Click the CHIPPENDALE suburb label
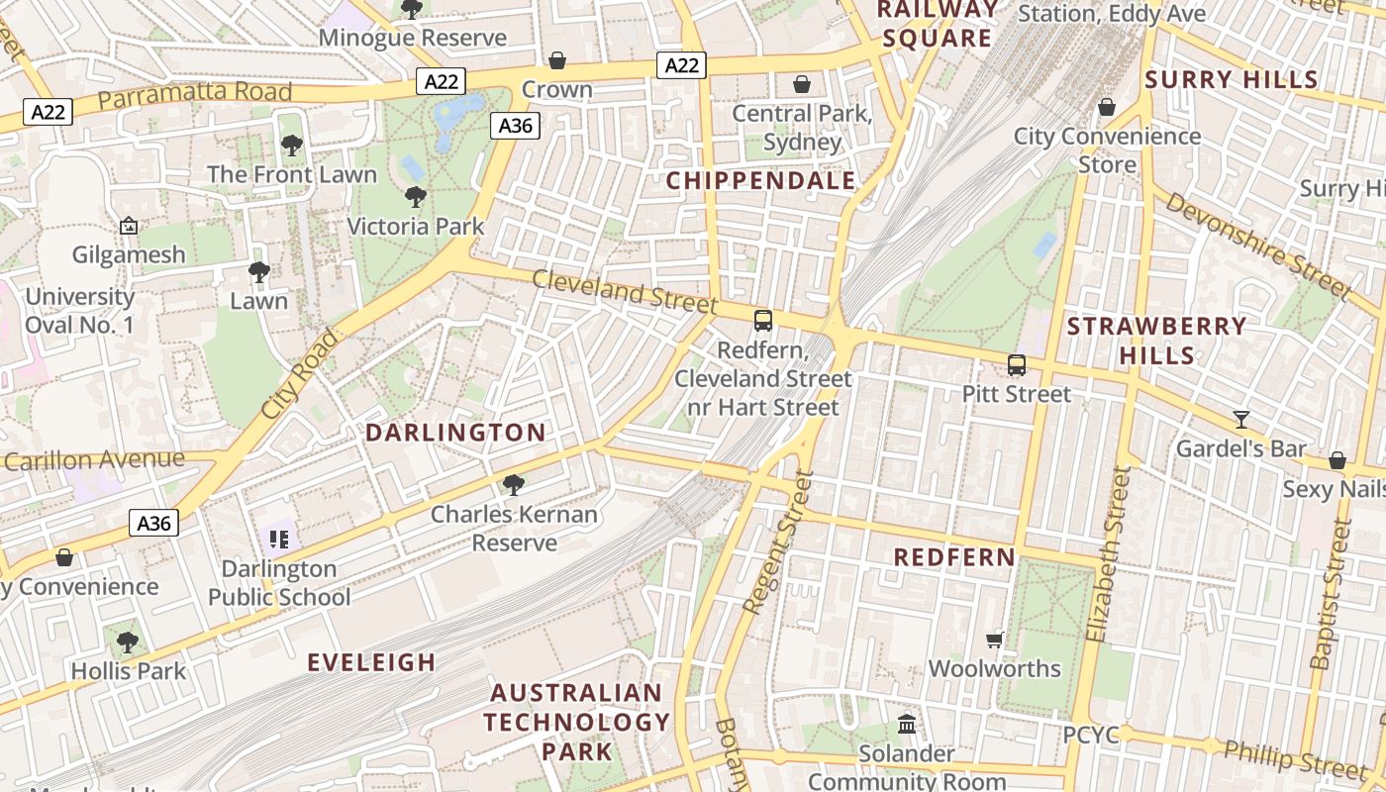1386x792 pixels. (760, 181)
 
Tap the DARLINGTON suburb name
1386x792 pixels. (455, 433)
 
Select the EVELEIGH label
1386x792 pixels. (371, 662)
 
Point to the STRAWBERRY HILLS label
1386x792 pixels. (1157, 341)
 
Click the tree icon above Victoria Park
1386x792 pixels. (416, 197)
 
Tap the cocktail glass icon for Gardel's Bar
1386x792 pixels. (1241, 419)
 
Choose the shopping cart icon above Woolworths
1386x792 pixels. (995, 640)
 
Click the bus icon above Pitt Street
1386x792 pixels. (1017, 364)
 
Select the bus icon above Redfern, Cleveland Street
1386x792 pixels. (762, 321)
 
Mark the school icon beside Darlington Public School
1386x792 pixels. (279, 540)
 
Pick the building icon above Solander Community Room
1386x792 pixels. (907, 725)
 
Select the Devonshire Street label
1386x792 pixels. (1257, 245)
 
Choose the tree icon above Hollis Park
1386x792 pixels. (128, 643)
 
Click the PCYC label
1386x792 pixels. (1091, 736)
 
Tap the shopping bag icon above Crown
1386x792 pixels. (557, 61)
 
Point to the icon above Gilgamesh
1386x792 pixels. (129, 227)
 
